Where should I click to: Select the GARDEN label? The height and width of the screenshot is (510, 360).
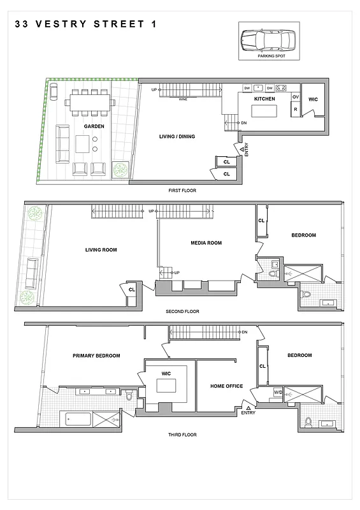click(x=94, y=126)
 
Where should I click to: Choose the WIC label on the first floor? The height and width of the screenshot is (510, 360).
click(x=313, y=99)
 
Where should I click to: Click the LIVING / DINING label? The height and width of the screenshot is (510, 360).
click(x=177, y=136)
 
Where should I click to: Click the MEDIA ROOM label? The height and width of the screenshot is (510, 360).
click(x=206, y=243)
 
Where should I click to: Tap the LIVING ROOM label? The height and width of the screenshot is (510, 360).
click(x=101, y=250)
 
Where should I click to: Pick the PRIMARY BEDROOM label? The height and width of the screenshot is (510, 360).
click(x=96, y=356)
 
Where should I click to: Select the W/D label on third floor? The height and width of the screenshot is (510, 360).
click(x=278, y=392)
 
